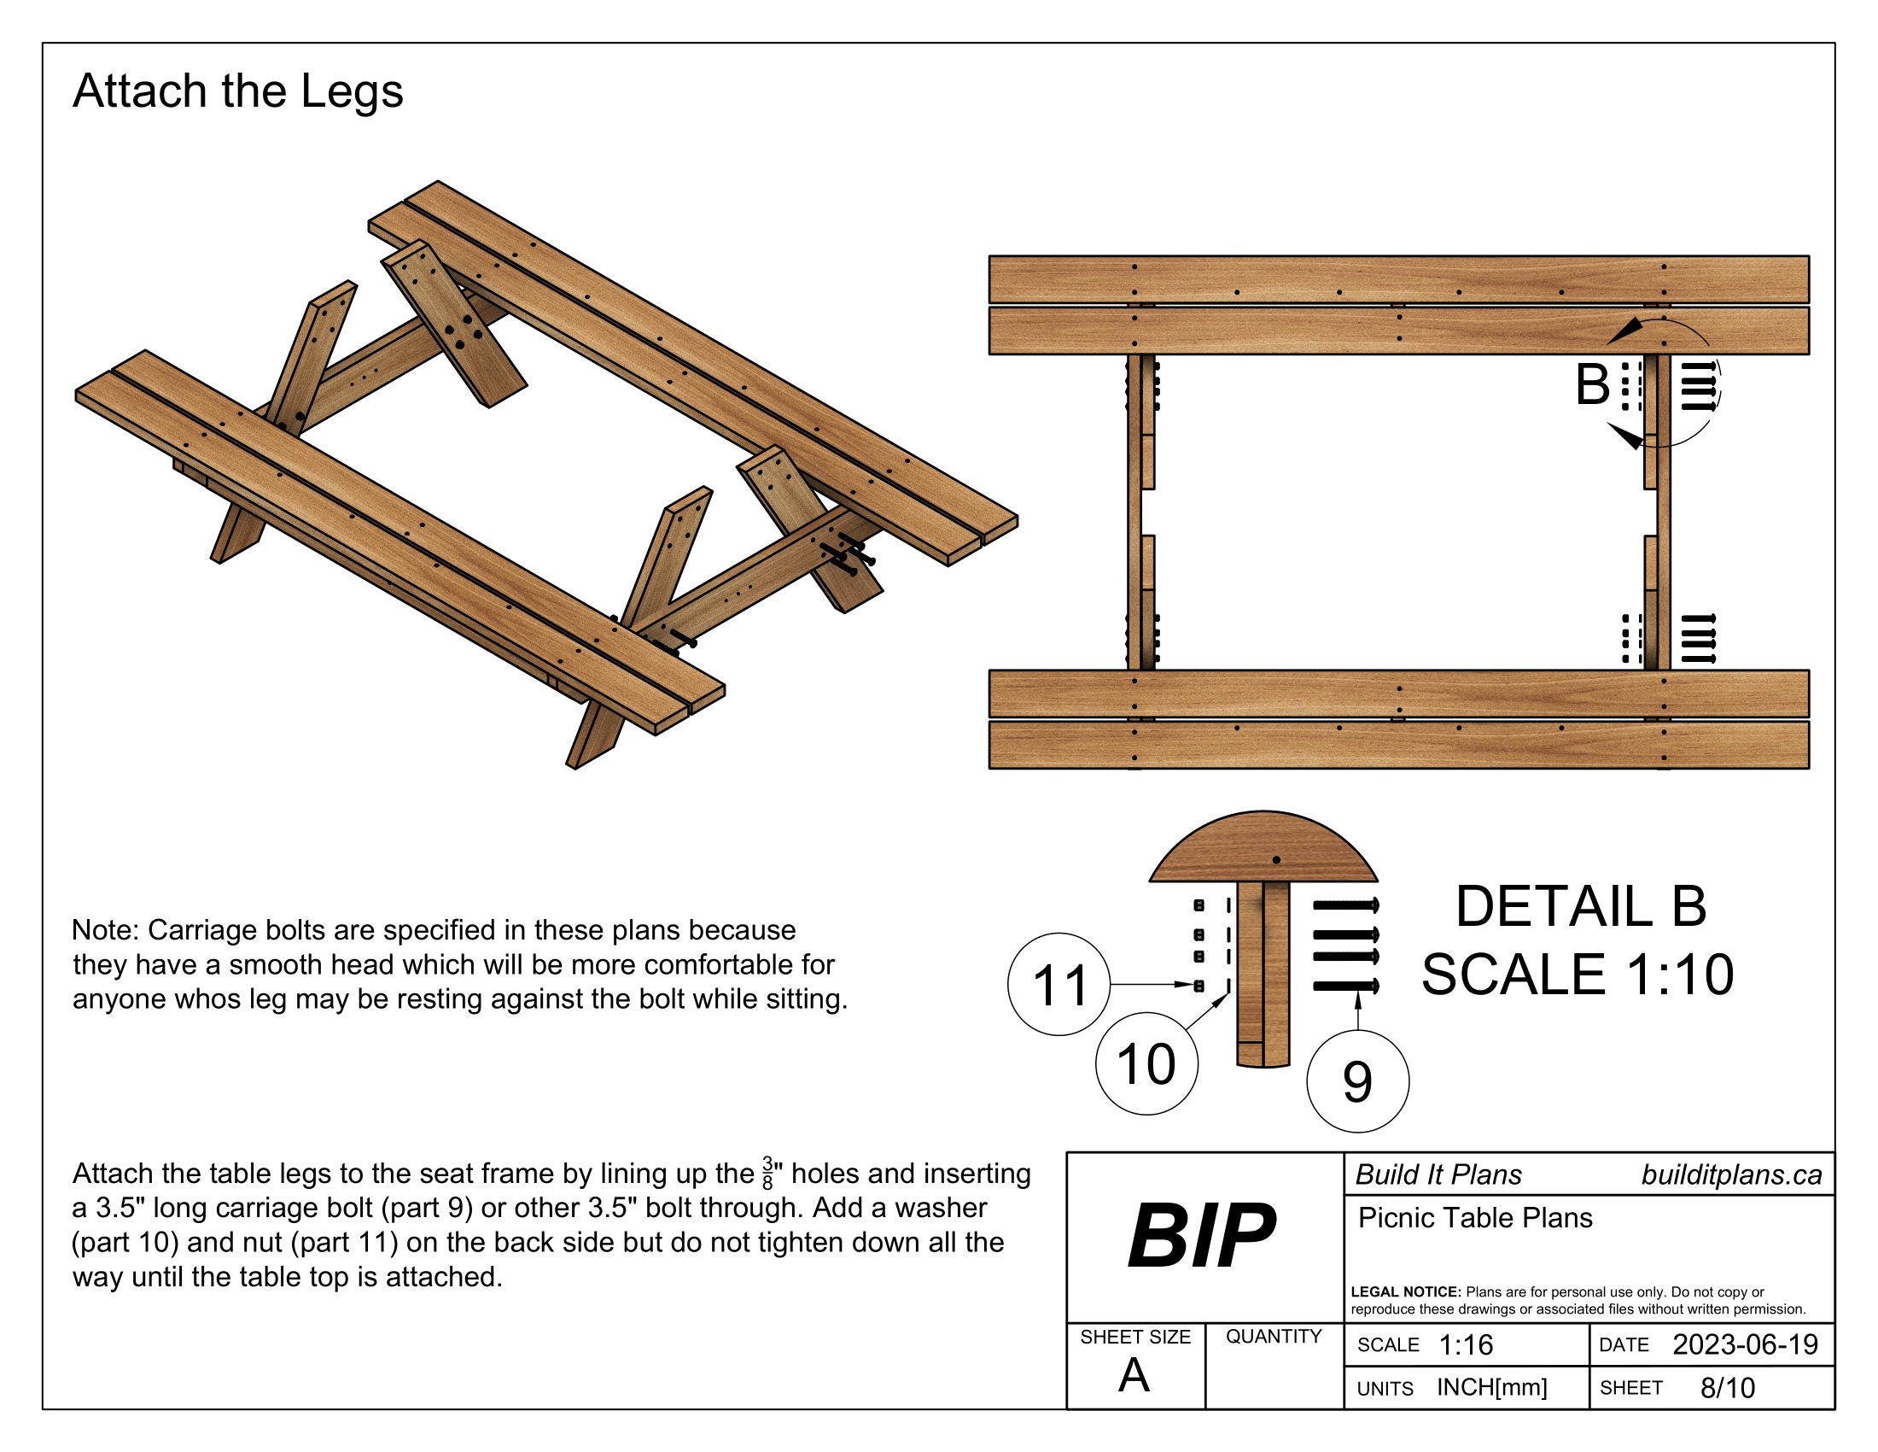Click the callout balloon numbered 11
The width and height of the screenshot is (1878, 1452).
coord(1059,984)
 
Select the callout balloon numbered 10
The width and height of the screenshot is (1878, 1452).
coord(1146,1064)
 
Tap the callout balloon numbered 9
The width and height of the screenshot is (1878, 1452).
coord(1357,1081)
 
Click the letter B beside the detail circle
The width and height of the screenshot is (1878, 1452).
coord(1592,385)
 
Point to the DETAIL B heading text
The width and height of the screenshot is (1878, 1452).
coord(1580,906)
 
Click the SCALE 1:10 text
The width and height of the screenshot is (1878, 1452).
coord(1577,975)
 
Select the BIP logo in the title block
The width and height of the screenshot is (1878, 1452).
coord(1201,1237)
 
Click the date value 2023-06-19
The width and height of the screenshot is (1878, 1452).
coord(1745,1344)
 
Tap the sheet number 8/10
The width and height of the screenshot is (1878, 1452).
coord(1728,1387)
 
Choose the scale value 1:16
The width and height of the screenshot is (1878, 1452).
coord(1466,1344)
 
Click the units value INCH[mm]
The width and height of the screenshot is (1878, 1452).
coord(1492,1387)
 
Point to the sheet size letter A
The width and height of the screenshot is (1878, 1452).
coord(1134,1376)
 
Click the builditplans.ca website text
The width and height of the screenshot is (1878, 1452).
coord(1731,1175)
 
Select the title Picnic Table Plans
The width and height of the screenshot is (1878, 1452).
coord(1476,1218)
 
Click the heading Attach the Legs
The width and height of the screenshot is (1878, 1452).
coord(238,91)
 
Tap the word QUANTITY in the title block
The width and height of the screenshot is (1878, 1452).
coord(1274,1337)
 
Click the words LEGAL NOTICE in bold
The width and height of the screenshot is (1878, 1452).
coord(1406,1292)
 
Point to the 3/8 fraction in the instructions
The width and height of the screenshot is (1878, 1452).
coord(768,1174)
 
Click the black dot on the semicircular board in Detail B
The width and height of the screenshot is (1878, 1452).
coord(1276,860)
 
